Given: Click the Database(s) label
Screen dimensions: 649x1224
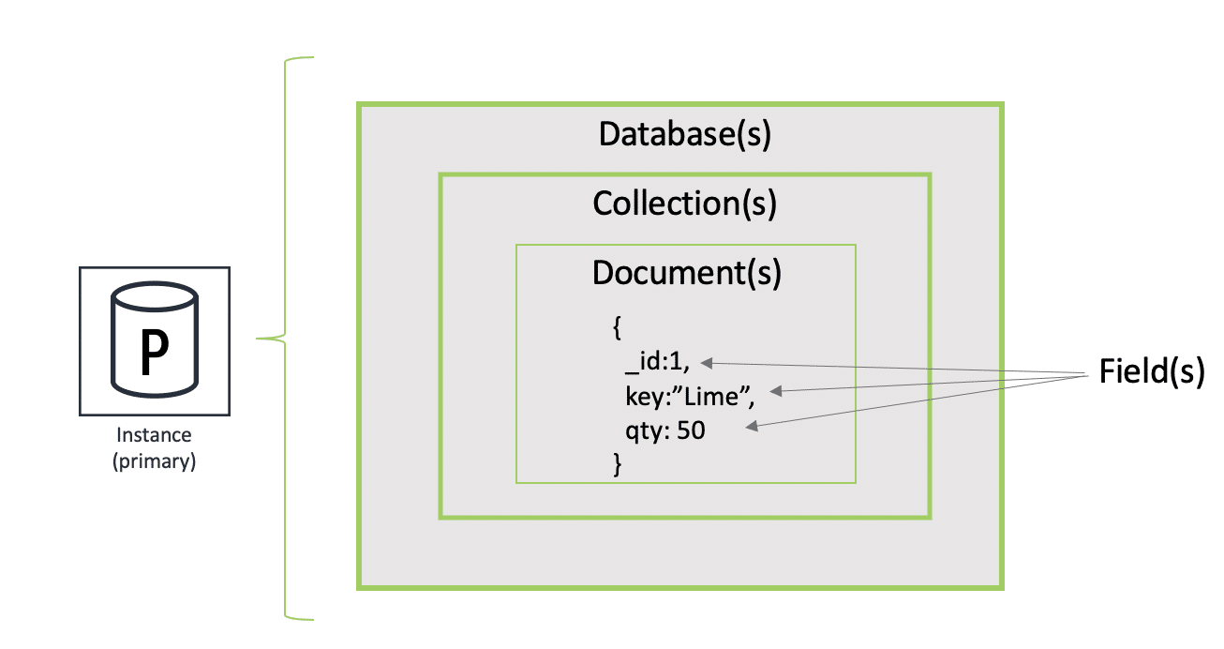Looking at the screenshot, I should [684, 134].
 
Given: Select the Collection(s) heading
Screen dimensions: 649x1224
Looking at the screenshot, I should [684, 203].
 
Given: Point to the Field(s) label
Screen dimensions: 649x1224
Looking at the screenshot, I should [1150, 372].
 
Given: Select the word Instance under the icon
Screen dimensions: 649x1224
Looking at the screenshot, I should [154, 435].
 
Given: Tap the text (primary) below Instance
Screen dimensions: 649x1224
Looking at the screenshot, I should [154, 461].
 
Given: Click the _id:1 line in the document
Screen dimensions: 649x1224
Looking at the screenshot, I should [657, 363].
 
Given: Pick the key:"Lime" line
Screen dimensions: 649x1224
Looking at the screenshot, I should [689, 397].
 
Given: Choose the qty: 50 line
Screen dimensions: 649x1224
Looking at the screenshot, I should [665, 430].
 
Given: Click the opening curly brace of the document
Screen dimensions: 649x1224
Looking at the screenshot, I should [617, 327].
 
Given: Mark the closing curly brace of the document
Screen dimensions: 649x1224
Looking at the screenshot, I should [617, 464].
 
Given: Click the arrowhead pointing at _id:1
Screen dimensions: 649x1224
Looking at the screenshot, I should [707, 362].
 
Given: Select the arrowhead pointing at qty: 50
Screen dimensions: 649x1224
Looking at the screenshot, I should [752, 428].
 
